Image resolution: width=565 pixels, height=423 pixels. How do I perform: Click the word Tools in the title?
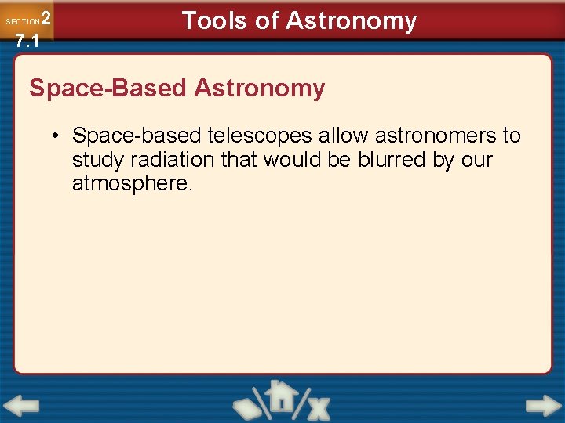213,20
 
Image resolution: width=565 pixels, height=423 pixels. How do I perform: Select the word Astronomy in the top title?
351,20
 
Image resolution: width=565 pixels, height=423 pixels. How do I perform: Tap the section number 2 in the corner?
46,18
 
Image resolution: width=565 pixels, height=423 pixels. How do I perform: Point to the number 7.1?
26,42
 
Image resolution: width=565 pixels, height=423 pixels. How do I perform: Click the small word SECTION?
22,22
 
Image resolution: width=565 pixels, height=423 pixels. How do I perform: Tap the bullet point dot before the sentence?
57,136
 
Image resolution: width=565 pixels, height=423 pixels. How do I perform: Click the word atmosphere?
132,184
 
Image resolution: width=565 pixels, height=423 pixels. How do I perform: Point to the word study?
95,160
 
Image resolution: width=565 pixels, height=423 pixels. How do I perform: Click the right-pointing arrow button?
543,406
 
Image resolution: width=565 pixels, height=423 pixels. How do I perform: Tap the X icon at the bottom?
317,407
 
